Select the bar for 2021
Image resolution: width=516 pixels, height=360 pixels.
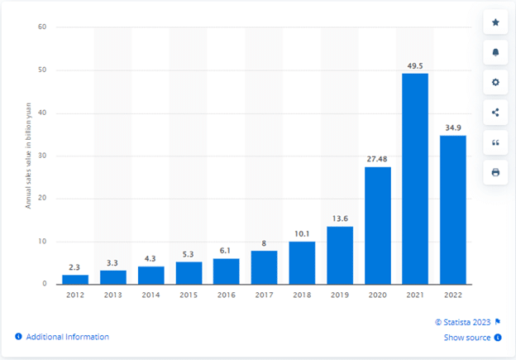[x=415, y=179]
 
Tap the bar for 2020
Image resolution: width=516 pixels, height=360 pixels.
[x=377, y=225]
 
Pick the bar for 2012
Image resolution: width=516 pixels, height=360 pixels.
[x=75, y=279]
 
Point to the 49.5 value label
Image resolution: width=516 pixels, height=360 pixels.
[x=415, y=65]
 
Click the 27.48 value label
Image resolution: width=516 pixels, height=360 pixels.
[x=377, y=159]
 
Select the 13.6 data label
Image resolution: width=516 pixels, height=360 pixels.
[x=339, y=218]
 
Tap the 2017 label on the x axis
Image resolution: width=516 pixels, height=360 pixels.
[x=264, y=295]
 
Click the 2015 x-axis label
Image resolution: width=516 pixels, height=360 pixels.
[x=189, y=295]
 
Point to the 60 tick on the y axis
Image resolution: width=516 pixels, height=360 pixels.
[x=41, y=27]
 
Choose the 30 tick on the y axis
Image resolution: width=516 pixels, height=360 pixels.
[x=41, y=156]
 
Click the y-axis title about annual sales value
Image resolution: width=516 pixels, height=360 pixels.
[x=27, y=156]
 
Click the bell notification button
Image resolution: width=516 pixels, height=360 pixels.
[x=495, y=52]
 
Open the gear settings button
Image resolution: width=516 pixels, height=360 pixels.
[x=495, y=83]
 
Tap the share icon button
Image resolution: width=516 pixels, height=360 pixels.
[x=495, y=113]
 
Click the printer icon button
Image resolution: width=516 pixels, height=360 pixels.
[x=495, y=172]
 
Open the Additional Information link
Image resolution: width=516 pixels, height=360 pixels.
[x=67, y=337]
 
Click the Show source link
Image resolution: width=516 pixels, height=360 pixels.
[x=468, y=337]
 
